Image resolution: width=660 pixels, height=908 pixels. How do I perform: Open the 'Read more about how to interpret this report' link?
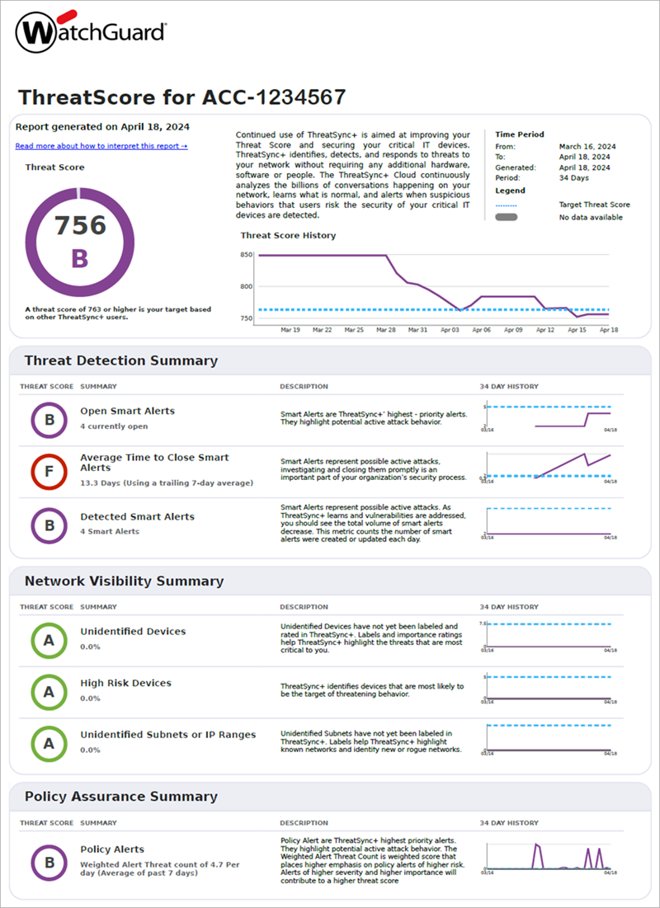(x=101, y=146)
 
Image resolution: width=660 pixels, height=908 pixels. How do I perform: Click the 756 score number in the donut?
(x=80, y=225)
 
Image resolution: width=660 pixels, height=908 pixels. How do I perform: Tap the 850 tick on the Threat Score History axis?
(x=247, y=256)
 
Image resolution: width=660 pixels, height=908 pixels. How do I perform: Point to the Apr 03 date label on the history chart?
(x=449, y=329)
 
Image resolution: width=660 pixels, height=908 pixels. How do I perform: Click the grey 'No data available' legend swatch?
(x=506, y=217)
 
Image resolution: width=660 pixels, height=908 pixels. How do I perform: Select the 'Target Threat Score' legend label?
(x=594, y=205)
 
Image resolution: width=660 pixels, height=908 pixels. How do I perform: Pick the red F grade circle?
(x=49, y=472)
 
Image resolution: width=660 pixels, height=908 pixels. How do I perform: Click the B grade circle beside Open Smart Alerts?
(x=49, y=420)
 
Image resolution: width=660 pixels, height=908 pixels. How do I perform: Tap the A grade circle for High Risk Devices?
(x=49, y=691)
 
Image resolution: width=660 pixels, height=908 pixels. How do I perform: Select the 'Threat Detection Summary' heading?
(x=121, y=360)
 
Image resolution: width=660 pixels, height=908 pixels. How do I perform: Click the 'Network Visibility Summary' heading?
(x=124, y=581)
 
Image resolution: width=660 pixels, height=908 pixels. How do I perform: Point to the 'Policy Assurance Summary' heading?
(x=121, y=797)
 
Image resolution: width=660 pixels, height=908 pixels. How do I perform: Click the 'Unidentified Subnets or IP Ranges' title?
(x=167, y=735)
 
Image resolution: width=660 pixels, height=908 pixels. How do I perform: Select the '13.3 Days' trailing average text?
(x=166, y=482)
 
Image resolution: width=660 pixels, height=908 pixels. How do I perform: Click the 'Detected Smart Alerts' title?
(x=137, y=517)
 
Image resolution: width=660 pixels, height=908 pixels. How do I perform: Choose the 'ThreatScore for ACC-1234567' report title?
(x=181, y=97)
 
